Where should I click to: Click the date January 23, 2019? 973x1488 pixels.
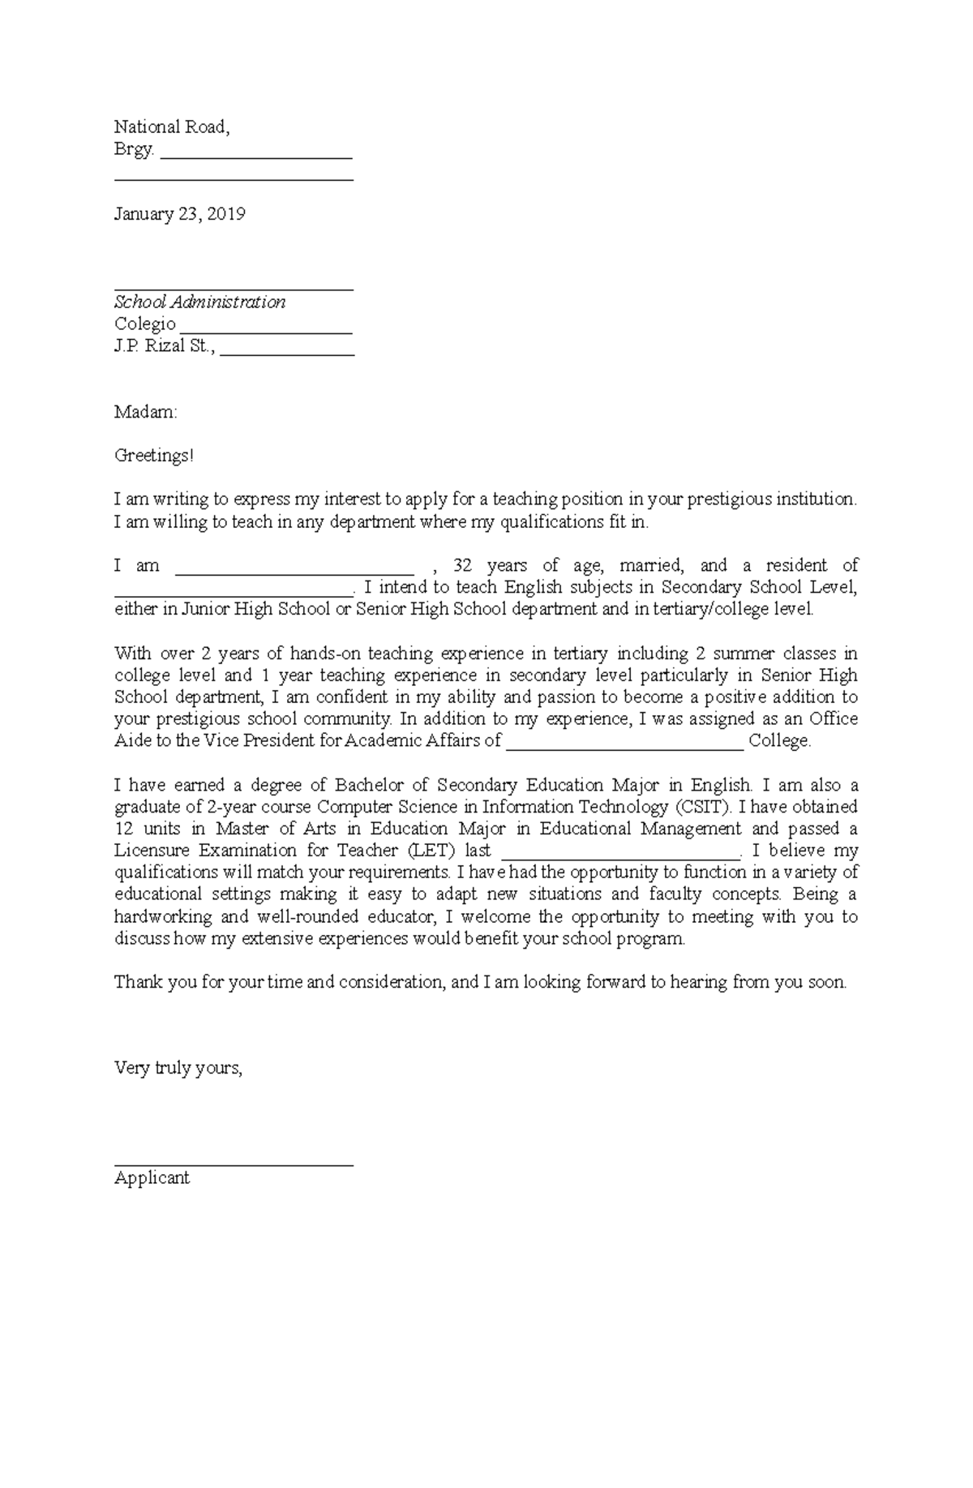click(179, 214)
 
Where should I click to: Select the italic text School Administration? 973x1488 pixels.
click(199, 302)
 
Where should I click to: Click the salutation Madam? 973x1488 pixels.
click(145, 412)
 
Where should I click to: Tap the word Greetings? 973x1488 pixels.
click(154, 456)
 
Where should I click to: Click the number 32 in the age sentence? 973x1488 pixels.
click(462, 565)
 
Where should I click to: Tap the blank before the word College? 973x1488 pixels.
click(624, 746)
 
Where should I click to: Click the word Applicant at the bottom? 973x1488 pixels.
click(152, 1178)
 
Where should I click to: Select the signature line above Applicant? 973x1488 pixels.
click(234, 1164)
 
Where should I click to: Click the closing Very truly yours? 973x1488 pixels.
click(178, 1068)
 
